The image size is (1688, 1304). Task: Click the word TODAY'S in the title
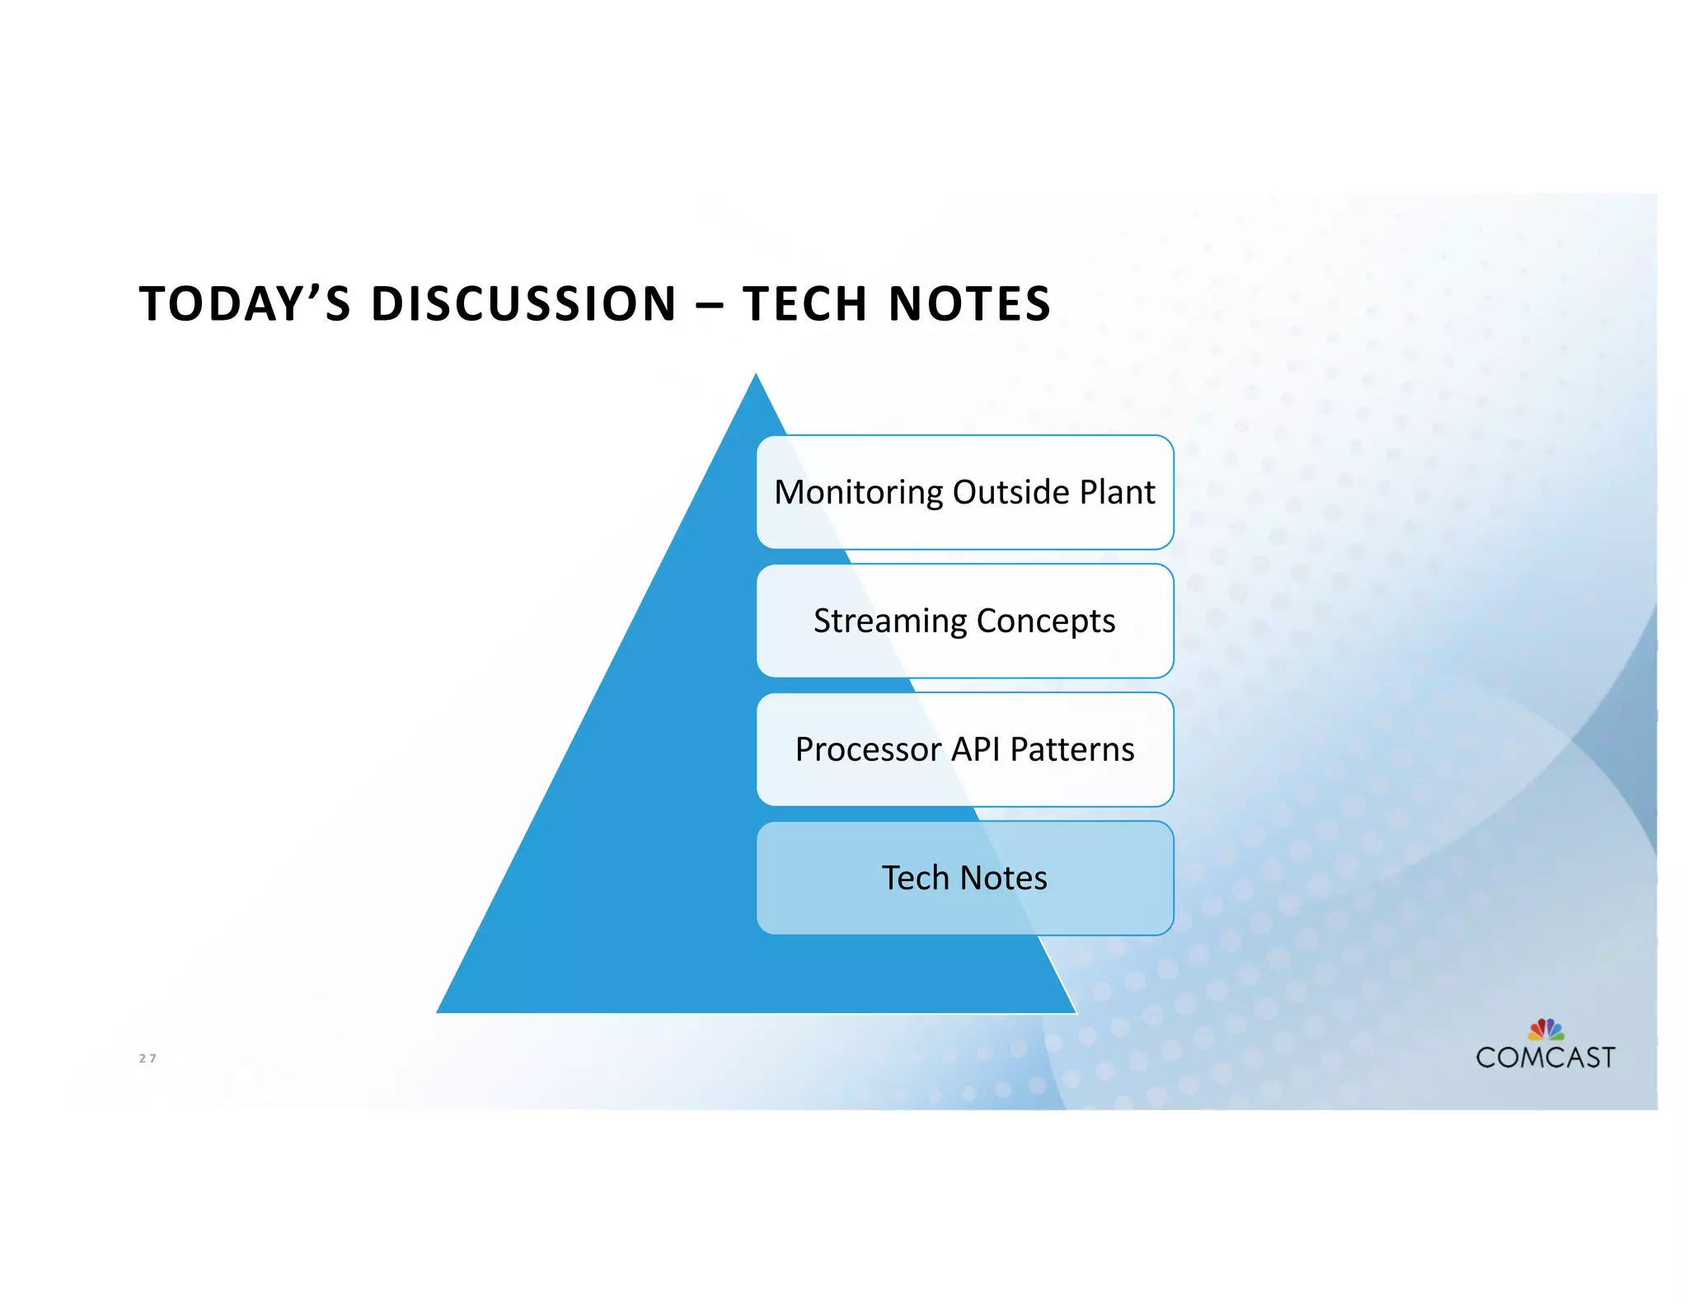245,303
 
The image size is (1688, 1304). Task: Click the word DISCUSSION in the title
524,303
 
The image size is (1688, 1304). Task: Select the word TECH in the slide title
804,303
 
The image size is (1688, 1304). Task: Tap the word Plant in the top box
1117,492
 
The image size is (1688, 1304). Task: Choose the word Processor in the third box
868,749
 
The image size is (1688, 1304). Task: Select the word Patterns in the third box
1072,749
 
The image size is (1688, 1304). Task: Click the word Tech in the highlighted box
915,878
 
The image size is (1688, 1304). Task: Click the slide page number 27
148,1058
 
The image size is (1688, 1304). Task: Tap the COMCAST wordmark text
1545,1058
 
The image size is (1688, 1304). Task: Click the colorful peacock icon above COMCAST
1546,1029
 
